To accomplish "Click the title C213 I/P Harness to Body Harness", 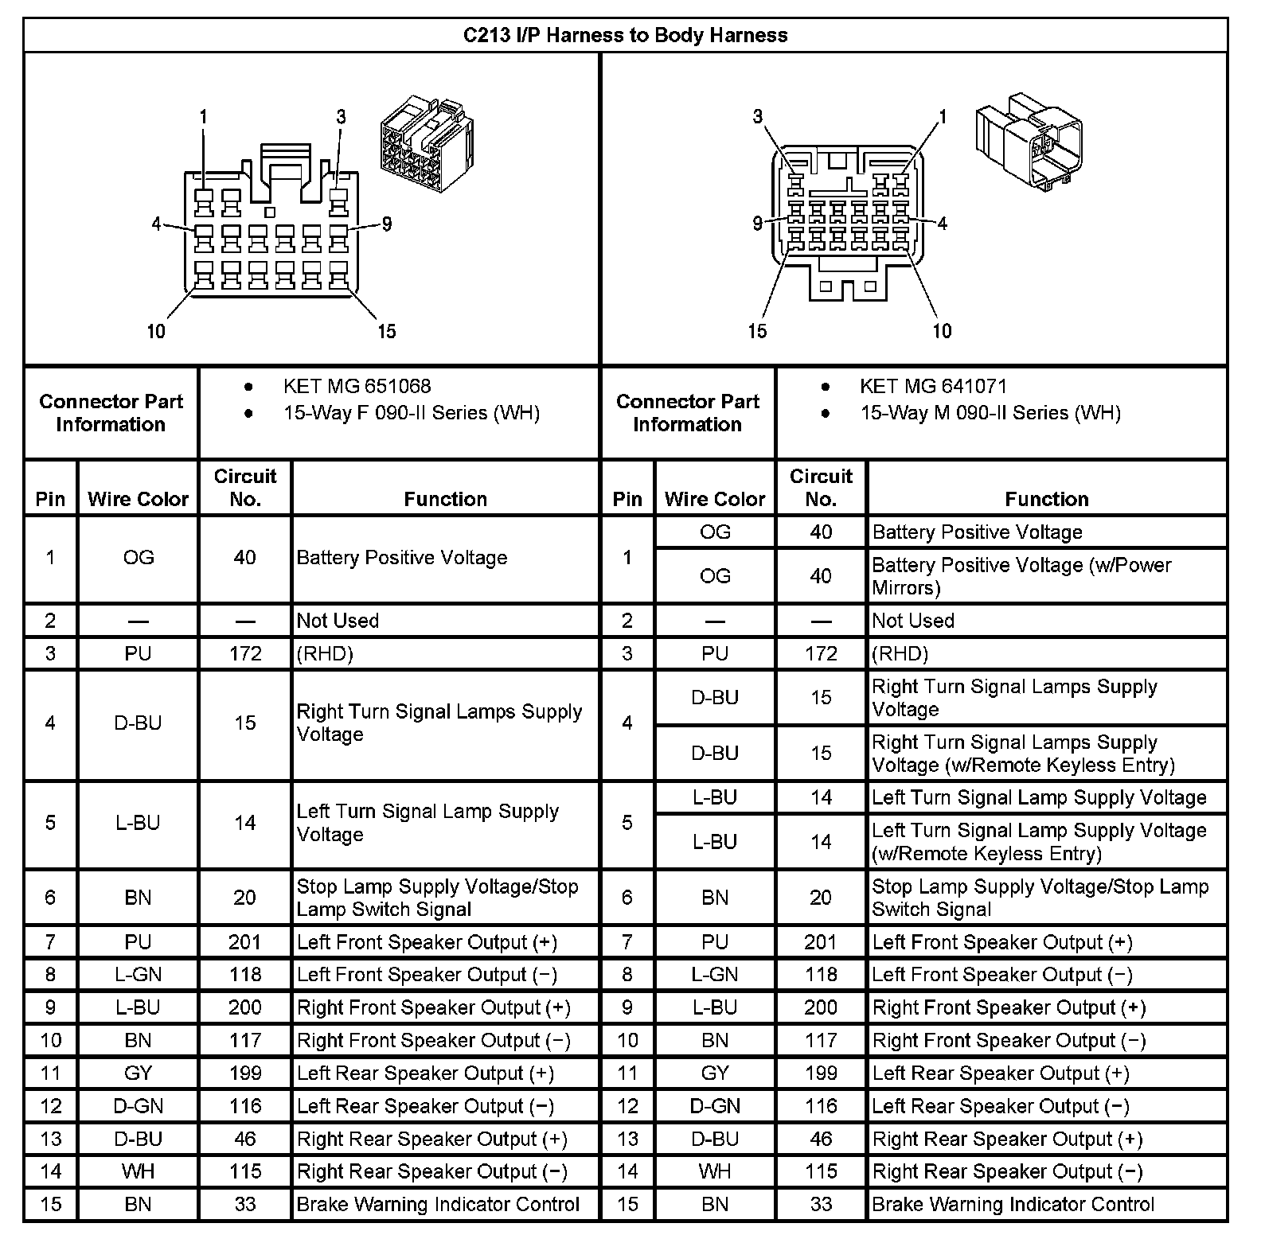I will [625, 35].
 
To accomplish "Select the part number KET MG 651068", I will [357, 386].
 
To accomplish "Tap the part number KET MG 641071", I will [933, 386].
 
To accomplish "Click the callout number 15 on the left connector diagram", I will [386, 331].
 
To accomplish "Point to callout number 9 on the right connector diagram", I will [757, 224].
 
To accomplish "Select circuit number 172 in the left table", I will [244, 653].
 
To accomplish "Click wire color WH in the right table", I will [714, 1171].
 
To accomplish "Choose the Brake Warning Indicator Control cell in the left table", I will [438, 1204].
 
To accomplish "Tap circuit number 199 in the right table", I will [820, 1073].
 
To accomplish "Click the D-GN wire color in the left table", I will [138, 1106].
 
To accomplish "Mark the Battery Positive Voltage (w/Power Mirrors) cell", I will [1021, 576].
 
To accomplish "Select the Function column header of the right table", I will [1046, 499].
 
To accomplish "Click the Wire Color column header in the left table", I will [138, 499].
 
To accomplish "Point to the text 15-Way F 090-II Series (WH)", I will [412, 413].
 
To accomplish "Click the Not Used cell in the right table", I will [913, 621].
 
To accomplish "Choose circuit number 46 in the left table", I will [244, 1139].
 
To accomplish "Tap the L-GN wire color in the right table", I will [714, 975].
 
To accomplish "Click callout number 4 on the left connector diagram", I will [157, 224].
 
